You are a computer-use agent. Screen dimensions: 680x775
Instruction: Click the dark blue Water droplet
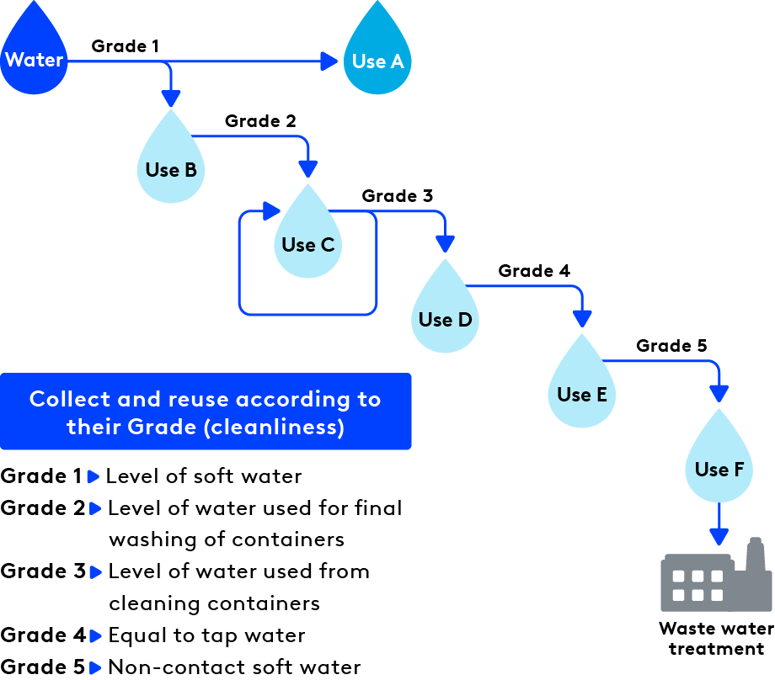pyautogui.click(x=34, y=59)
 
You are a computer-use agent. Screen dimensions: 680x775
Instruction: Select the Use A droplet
pyautogui.click(x=377, y=59)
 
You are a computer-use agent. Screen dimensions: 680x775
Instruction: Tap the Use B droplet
pyautogui.click(x=171, y=166)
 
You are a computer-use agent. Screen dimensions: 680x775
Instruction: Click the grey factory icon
pyautogui.click(x=715, y=576)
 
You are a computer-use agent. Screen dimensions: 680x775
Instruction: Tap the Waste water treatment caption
pyautogui.click(x=715, y=639)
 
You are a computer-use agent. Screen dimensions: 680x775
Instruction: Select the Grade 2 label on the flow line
pyautogui.click(x=260, y=121)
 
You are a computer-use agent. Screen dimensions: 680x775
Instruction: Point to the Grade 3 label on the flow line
pyautogui.click(x=397, y=196)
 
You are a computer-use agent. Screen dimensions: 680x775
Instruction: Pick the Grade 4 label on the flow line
pyautogui.click(x=534, y=271)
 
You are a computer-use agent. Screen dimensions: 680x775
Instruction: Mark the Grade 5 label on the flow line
pyautogui.click(x=671, y=346)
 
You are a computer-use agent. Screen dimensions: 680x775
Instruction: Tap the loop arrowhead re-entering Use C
pyautogui.click(x=271, y=210)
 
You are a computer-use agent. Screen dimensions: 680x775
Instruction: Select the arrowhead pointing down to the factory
pyautogui.click(x=719, y=536)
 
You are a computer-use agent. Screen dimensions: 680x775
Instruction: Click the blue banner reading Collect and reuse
pyautogui.click(x=206, y=412)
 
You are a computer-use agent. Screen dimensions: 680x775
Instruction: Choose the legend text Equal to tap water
pyautogui.click(x=206, y=635)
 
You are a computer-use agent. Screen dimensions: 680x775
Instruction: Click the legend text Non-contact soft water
pyautogui.click(x=234, y=667)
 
